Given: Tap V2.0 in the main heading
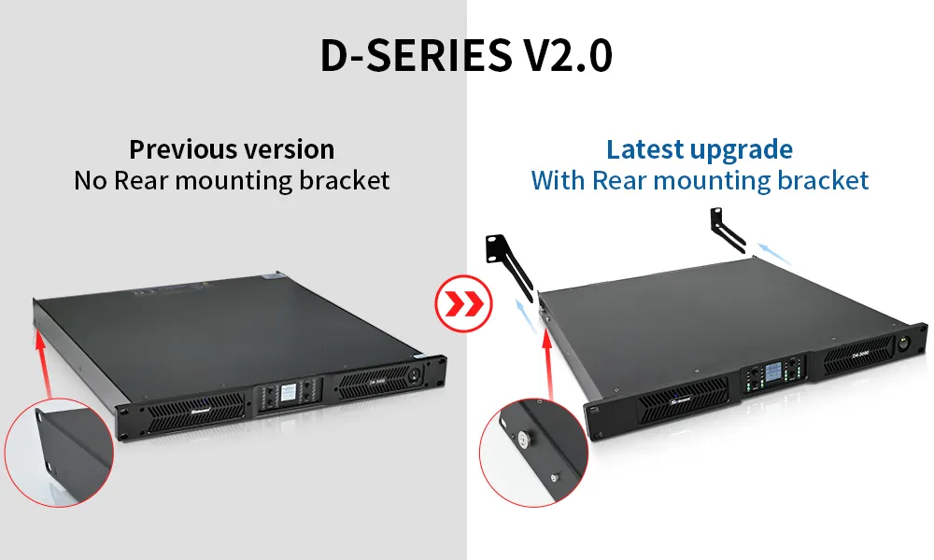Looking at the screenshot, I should (563, 56).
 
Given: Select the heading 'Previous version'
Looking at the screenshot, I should (232, 149).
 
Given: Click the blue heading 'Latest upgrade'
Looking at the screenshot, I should (700, 149).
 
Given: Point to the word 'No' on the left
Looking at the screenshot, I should (92, 180).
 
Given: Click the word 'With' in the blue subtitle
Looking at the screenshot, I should (559, 180).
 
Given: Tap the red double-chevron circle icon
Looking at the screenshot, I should (461, 303).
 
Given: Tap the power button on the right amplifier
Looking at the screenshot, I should (904, 343).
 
